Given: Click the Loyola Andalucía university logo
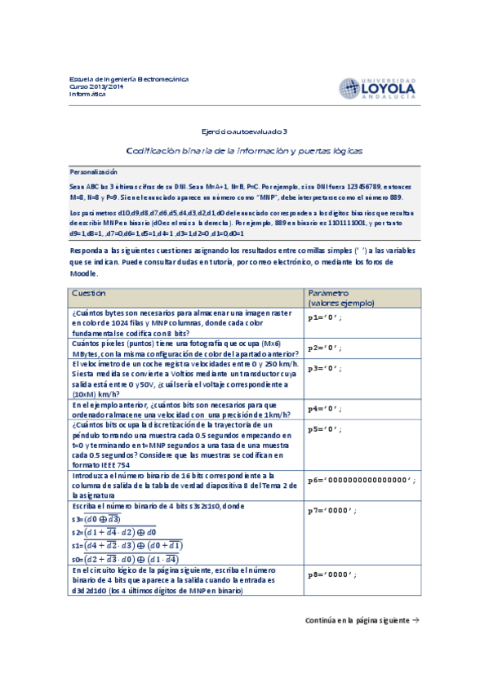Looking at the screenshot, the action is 376,87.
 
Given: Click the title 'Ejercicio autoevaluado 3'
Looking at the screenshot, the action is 244,131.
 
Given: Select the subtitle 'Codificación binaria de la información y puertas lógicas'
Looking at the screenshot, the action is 244,151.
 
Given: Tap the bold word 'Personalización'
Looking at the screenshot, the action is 94,172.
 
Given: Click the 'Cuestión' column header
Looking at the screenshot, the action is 88,292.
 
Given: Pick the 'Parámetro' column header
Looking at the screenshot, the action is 328,292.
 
